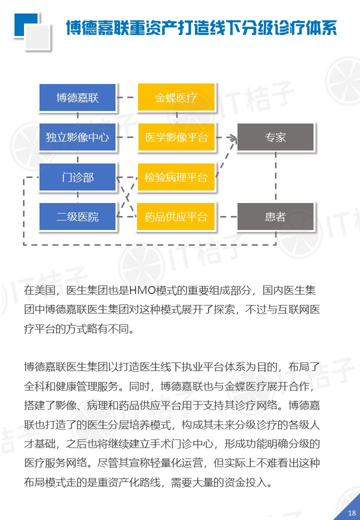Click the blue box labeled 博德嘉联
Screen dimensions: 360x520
pyautogui.click(x=77, y=97)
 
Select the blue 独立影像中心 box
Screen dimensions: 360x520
pyautogui.click(x=77, y=137)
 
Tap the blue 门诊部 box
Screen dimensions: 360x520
pyautogui.click(x=77, y=177)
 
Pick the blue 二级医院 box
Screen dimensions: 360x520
pyautogui.click(x=77, y=217)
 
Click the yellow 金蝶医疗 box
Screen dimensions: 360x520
pyautogui.click(x=176, y=97)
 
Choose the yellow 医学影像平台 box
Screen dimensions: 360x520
pyautogui.click(x=176, y=137)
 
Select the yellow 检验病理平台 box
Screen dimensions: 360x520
pyautogui.click(x=176, y=177)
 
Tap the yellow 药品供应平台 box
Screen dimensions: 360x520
pyautogui.click(x=176, y=217)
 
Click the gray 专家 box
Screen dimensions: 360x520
pyautogui.click(x=275, y=137)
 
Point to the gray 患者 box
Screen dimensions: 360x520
pyautogui.click(x=275, y=217)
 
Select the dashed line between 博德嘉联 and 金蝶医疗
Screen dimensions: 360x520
pyautogui.click(x=127, y=97)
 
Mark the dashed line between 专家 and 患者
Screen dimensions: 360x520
pyautogui.click(x=275, y=177)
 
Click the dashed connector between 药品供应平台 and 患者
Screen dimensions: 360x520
pyautogui.click(x=226, y=217)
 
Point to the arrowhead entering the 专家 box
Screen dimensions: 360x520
pyautogui.click(x=232, y=137)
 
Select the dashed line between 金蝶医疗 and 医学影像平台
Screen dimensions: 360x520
pyautogui.click(x=176, y=117)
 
